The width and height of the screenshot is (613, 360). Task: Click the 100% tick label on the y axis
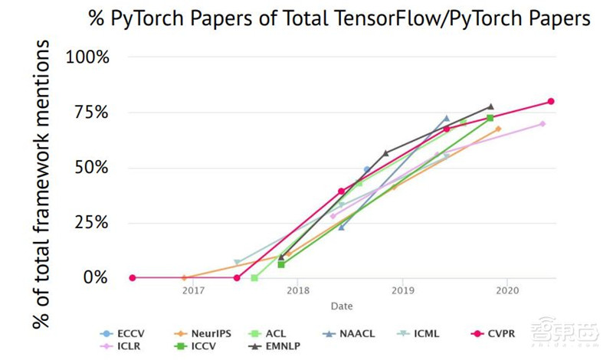pyautogui.click(x=89, y=57)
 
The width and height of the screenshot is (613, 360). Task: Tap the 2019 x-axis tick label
pyautogui.click(x=402, y=291)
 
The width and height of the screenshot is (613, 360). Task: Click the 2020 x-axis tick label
pyautogui.click(x=506, y=291)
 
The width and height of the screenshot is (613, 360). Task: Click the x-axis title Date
pyautogui.click(x=342, y=306)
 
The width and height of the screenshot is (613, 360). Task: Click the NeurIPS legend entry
pyautogui.click(x=206, y=333)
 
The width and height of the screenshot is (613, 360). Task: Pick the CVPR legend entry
pyautogui.click(x=505, y=333)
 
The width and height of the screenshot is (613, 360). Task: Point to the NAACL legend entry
pyautogui.click(x=354, y=333)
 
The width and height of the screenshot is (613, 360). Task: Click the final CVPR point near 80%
pyautogui.click(x=551, y=102)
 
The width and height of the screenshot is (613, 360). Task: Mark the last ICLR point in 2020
pyautogui.click(x=543, y=123)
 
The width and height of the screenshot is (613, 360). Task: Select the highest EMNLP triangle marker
pyautogui.click(x=490, y=107)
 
